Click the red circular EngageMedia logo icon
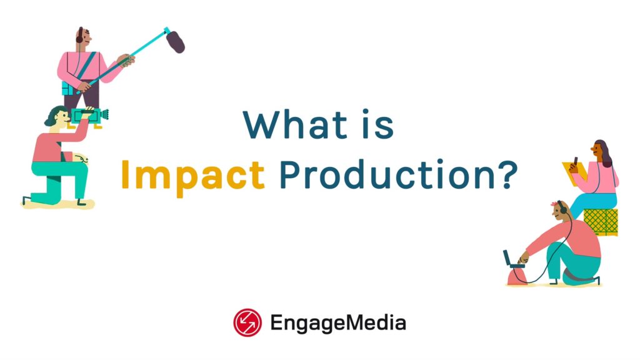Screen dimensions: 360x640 [x=247, y=322]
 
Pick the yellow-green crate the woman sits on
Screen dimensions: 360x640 [x=601, y=221]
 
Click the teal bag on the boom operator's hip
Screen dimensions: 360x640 [x=68, y=88]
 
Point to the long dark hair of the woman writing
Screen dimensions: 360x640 [x=604, y=153]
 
